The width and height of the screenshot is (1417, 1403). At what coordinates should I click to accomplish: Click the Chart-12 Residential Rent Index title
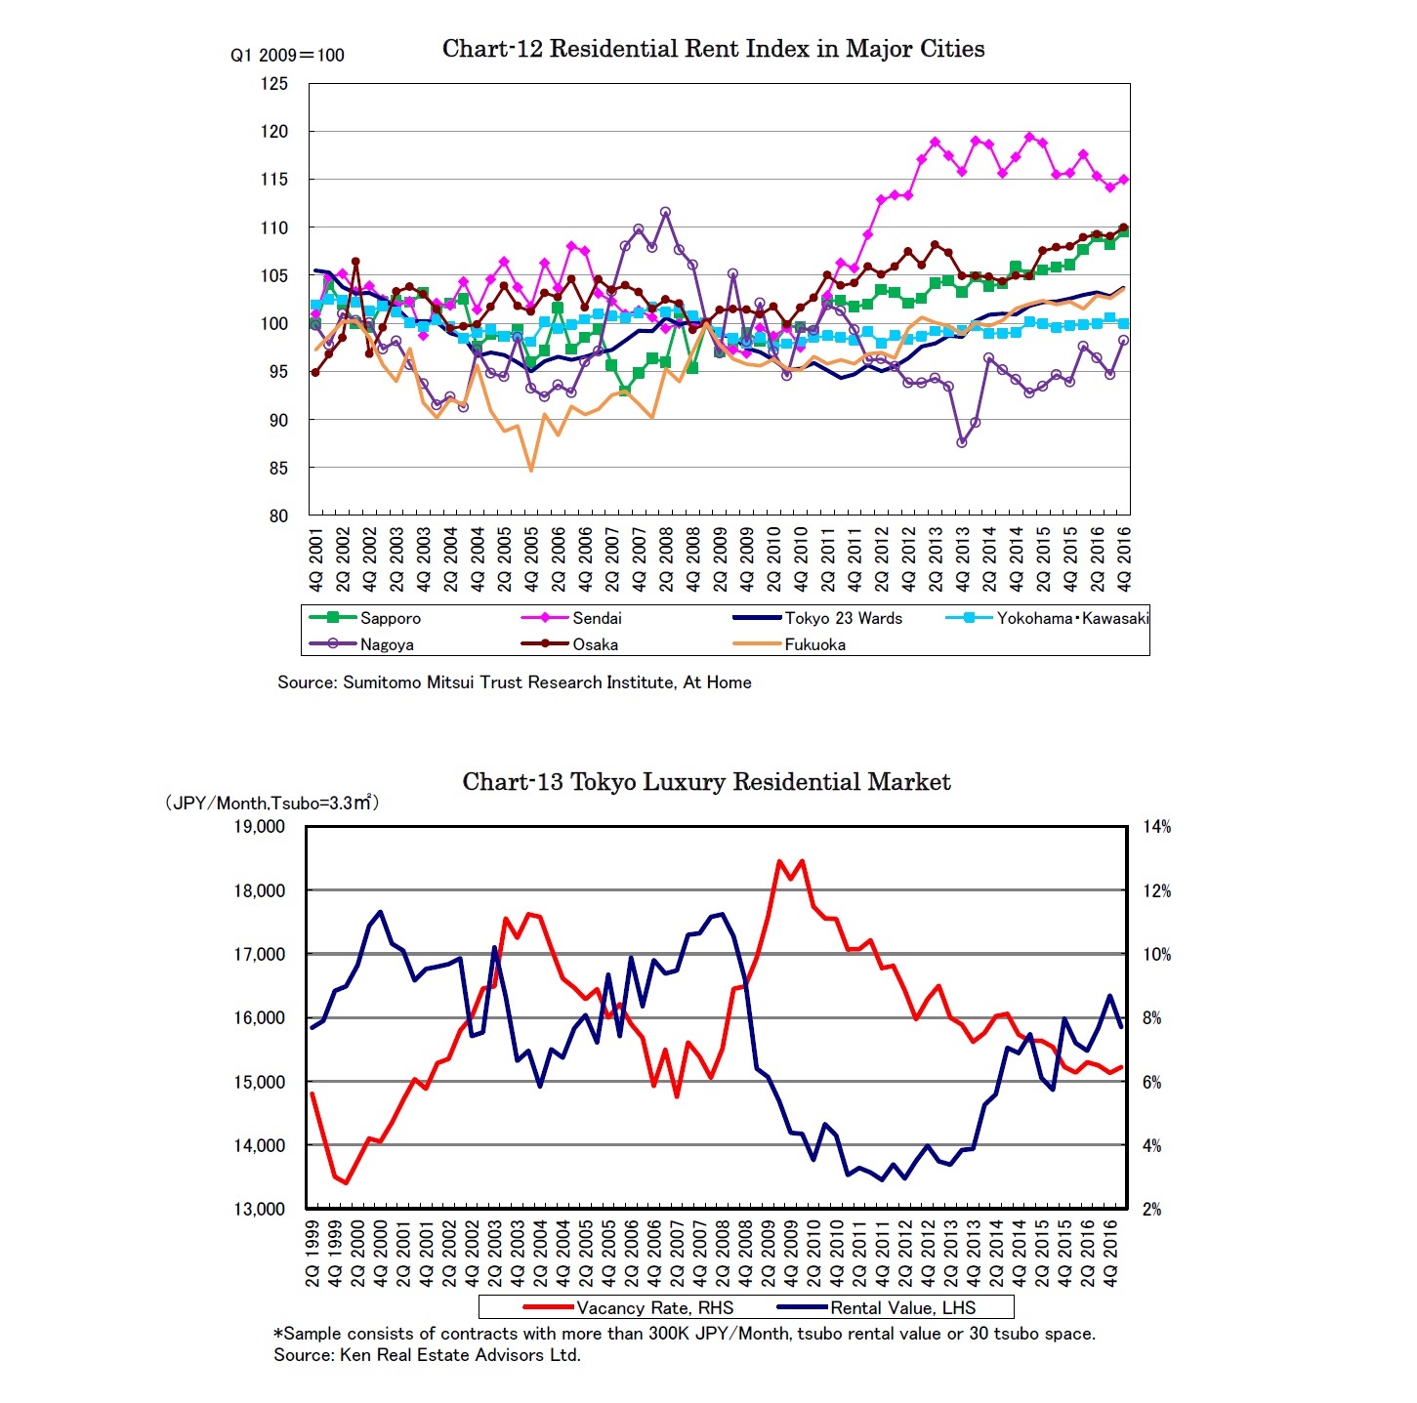713,49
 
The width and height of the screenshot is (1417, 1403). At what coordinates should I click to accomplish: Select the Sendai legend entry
596,618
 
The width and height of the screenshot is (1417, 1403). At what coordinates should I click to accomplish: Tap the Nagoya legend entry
386,644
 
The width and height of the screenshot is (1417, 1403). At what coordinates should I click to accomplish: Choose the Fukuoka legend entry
814,644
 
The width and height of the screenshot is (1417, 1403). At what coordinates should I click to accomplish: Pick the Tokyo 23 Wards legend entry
843,618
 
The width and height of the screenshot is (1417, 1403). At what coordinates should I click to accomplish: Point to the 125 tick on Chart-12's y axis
274,84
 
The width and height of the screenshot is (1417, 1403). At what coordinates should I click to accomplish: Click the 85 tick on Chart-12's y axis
278,468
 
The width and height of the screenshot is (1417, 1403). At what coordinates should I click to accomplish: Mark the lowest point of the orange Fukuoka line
531,471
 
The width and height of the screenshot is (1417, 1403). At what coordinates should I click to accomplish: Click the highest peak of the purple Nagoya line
665,212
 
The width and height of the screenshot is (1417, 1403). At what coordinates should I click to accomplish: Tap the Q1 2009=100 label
287,56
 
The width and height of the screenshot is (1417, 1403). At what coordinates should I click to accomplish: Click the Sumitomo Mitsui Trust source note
515,682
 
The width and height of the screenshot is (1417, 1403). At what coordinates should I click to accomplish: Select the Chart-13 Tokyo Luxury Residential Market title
706,782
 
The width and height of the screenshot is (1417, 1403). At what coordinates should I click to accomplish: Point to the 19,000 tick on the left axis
259,827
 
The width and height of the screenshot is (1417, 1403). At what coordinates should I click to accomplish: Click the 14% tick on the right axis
1157,827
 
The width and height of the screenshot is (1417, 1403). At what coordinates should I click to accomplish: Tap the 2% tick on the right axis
1152,1209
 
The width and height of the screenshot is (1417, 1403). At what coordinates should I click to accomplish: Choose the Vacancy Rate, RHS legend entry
653,1307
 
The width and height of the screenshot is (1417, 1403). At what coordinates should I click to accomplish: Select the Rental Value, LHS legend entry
901,1307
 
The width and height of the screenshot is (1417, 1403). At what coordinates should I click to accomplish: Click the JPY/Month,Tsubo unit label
271,803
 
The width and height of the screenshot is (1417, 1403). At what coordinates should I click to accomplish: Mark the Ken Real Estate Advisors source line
428,1355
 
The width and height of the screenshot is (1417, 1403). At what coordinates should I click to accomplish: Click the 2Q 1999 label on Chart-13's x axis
313,1253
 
